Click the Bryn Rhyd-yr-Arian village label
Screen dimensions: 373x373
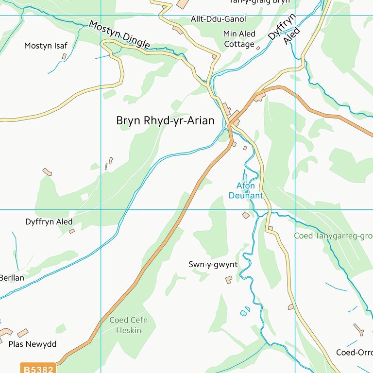click(165, 120)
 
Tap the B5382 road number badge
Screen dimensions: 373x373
click(38, 369)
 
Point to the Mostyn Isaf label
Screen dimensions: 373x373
click(46, 46)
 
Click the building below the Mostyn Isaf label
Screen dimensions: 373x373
click(64, 56)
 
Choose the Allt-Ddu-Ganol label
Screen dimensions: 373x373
click(218, 19)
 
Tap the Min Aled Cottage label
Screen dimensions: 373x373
click(239, 39)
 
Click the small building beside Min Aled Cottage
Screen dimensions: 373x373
click(258, 48)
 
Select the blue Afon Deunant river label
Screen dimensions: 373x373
click(245, 190)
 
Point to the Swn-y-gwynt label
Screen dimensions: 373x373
click(213, 265)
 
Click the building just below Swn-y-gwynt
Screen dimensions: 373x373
click(228, 280)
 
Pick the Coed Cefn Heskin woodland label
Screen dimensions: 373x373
click(128, 325)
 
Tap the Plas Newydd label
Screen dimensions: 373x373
click(33, 344)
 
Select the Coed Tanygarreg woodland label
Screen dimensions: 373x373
click(333, 236)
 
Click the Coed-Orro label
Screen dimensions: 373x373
click(355, 352)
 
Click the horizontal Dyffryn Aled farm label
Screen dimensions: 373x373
click(49, 221)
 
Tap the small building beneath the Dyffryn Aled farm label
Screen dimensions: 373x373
click(72, 231)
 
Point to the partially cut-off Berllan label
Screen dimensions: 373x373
click(12, 278)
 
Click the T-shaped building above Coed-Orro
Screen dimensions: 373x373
click(358, 330)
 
